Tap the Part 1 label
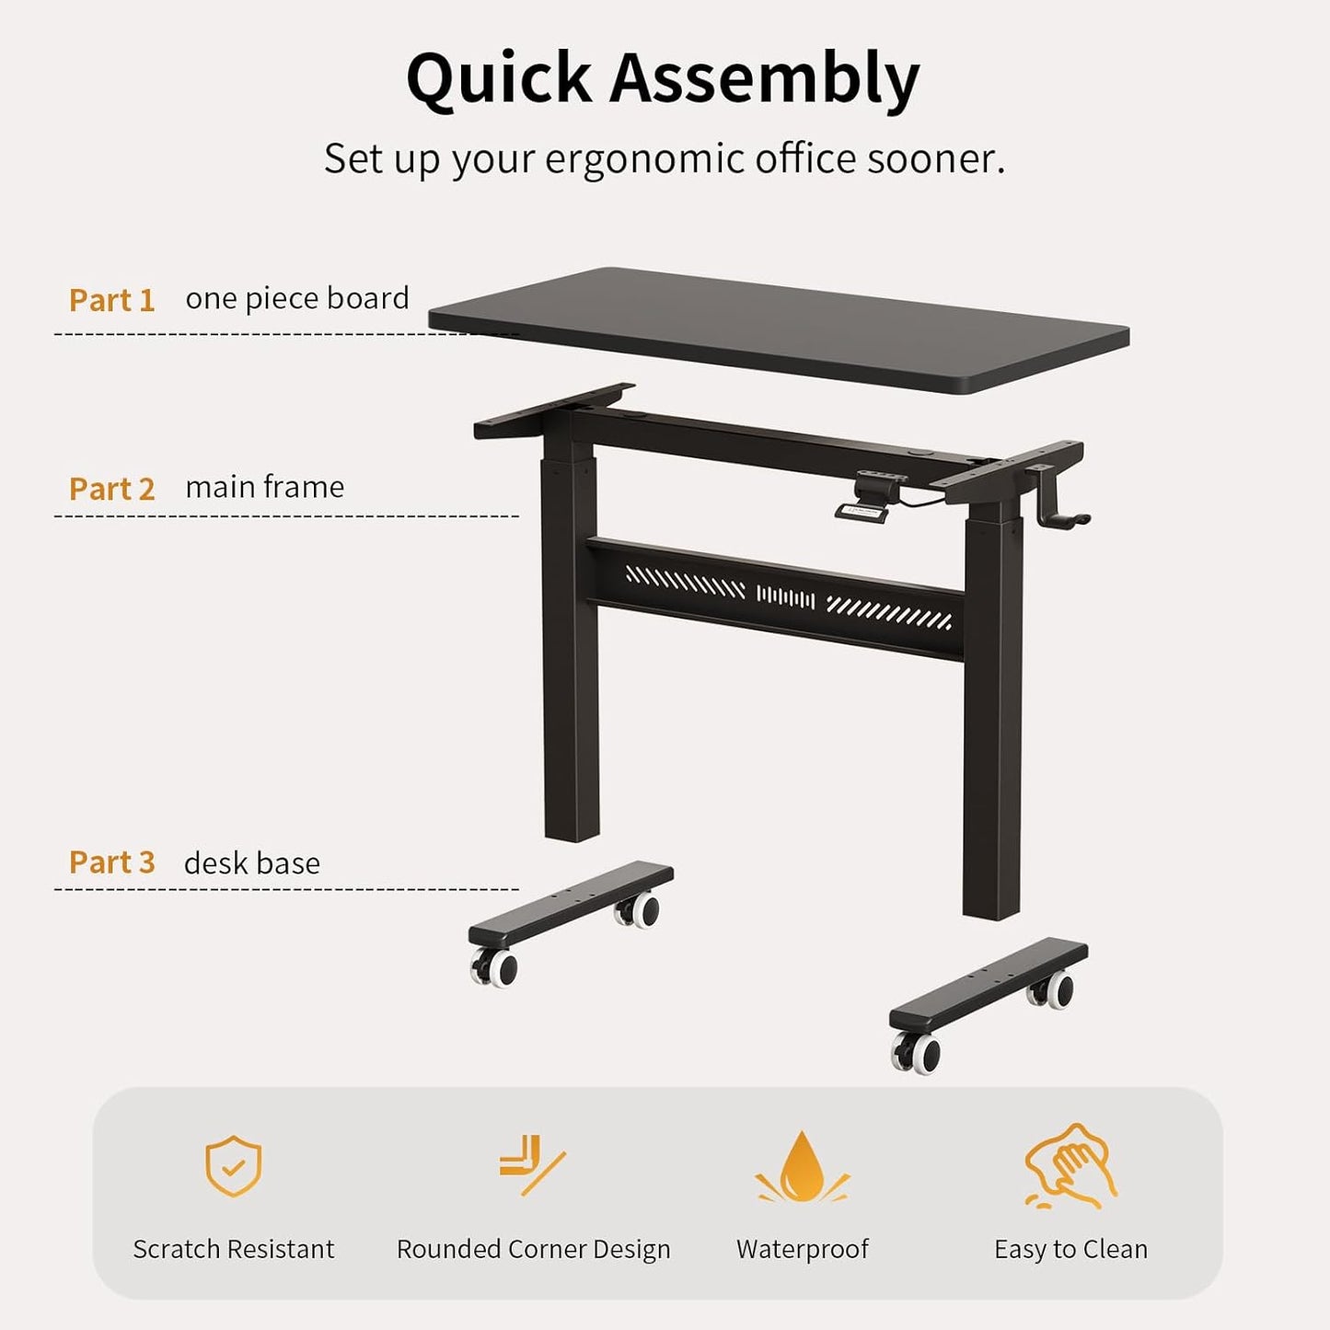click(111, 300)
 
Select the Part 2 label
click(111, 489)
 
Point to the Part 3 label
click(111, 862)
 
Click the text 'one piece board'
click(296, 298)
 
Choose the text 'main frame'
click(264, 487)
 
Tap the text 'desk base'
click(251, 863)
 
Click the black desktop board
click(778, 330)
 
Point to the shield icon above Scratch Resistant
click(233, 1166)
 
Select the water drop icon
click(802, 1167)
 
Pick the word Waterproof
click(802, 1249)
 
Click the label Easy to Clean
click(1070, 1249)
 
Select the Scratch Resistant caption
click(233, 1249)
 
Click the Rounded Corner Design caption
click(533, 1249)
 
